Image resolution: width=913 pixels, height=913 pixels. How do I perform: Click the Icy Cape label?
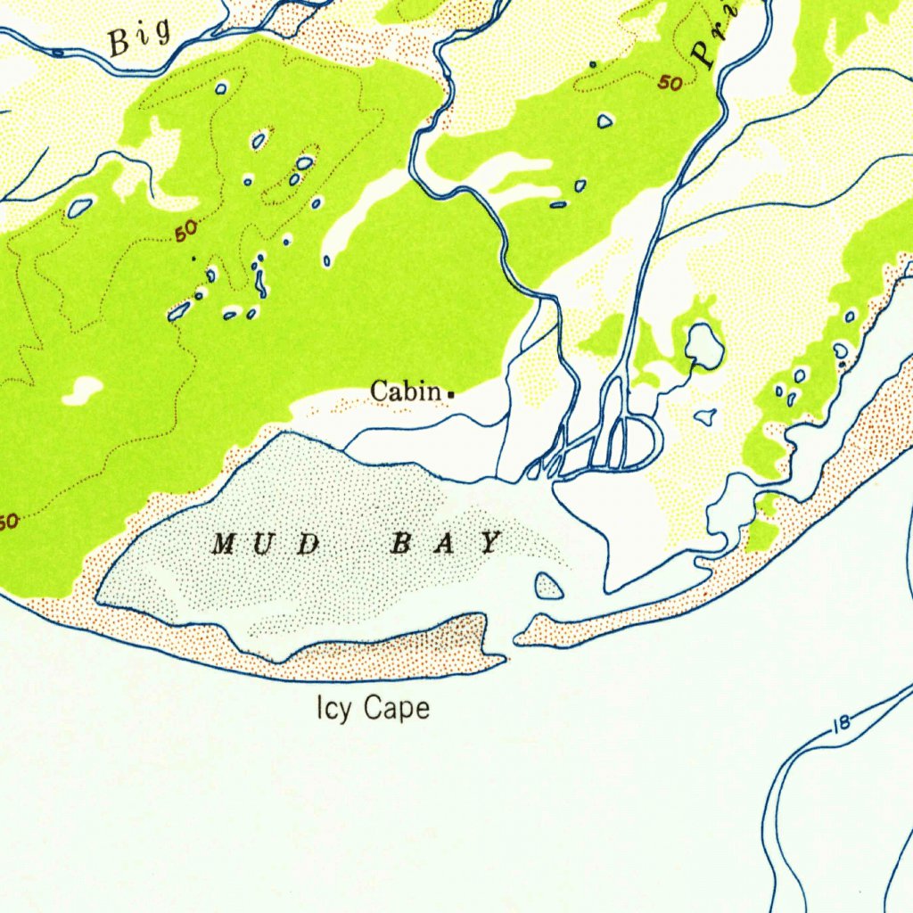pos(373,709)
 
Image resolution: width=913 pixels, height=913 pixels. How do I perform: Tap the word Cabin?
pos(406,391)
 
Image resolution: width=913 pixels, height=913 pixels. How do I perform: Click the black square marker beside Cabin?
pos(451,393)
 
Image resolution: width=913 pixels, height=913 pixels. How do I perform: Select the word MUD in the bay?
pos(266,543)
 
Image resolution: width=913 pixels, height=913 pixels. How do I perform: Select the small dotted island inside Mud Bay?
pos(548,586)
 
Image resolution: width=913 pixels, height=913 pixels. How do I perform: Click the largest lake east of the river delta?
pos(704,346)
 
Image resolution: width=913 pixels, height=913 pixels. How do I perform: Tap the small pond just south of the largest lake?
pos(705,415)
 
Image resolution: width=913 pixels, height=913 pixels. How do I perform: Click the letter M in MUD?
pos(224,543)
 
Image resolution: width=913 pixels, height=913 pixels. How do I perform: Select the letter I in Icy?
pos(319,708)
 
